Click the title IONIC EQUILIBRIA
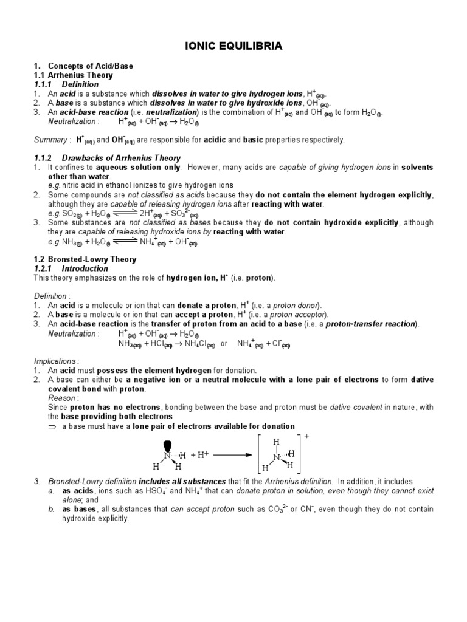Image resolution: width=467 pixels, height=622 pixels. [233, 46]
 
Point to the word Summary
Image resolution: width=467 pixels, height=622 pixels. [51, 140]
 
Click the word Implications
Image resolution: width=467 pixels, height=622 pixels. [57, 360]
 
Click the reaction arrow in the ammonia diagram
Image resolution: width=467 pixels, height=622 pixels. [229, 454]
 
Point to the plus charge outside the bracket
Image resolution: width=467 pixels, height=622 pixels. [306, 436]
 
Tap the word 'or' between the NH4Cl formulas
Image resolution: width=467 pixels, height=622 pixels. [224, 344]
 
